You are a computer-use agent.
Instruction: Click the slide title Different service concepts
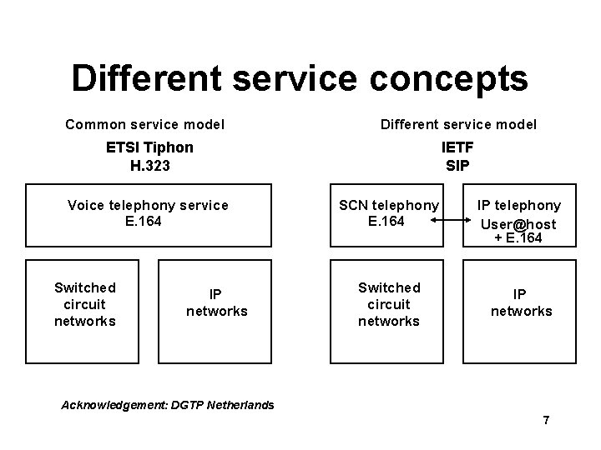pos(300,78)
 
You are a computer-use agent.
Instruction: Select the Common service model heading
pos(144,125)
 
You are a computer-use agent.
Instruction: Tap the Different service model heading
pos(458,125)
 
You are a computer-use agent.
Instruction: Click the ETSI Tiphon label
pos(149,147)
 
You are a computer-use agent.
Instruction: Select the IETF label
pos(457,147)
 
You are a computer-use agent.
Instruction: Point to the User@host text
pos(518,223)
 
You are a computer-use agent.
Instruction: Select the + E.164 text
pos(518,238)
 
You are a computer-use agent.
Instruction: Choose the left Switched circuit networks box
pos(84,304)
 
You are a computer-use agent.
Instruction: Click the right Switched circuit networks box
pos(389,304)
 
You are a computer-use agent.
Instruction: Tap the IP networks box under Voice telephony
pos(216,303)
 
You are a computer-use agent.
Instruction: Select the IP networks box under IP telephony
pos(521,303)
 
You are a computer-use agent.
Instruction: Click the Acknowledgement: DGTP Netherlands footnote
pos(169,405)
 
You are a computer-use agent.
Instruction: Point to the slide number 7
pos(546,420)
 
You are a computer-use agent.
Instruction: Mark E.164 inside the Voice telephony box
pos(148,221)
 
